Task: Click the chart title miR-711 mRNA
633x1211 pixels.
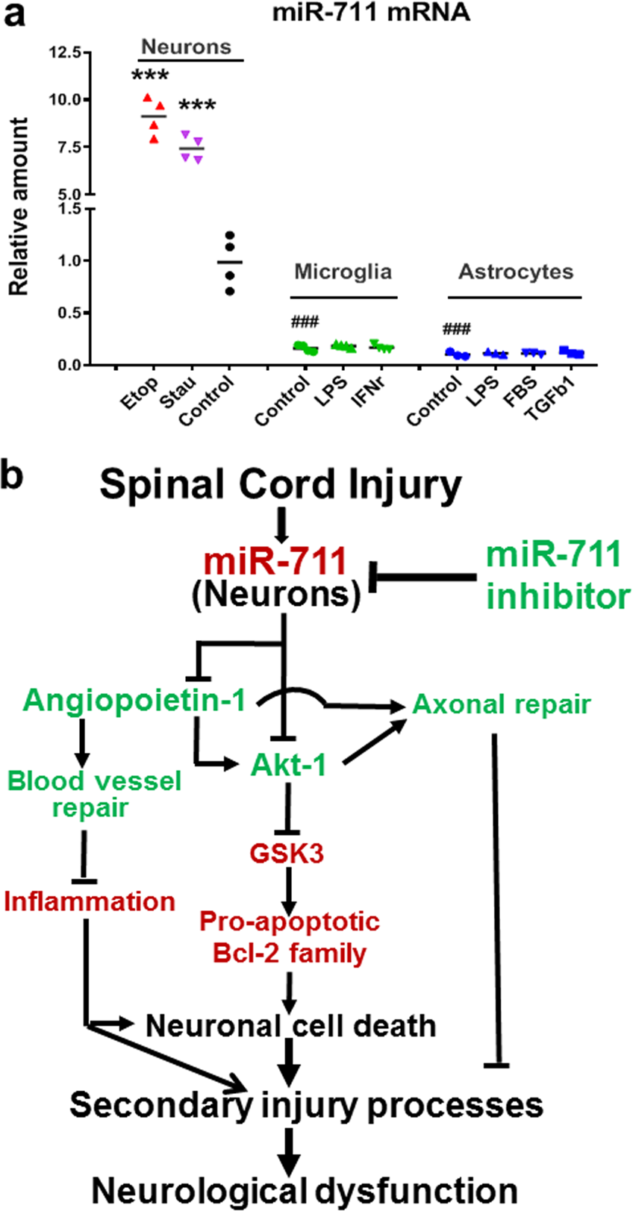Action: (x=370, y=13)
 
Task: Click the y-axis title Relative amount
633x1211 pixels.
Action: (x=18, y=206)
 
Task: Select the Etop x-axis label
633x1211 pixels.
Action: (x=140, y=394)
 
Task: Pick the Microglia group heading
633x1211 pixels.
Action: (x=343, y=271)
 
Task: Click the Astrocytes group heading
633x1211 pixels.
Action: (x=515, y=271)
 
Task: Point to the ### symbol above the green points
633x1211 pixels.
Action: (x=305, y=322)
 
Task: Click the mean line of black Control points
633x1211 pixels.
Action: (x=230, y=262)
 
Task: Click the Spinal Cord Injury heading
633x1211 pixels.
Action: (x=281, y=484)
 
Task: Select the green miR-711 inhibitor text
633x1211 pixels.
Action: (x=557, y=575)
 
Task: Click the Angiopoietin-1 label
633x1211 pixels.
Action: (x=134, y=700)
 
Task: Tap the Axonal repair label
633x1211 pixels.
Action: (x=501, y=704)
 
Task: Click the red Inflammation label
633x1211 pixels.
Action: (x=90, y=901)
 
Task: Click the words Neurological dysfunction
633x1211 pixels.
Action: (x=304, y=1189)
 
